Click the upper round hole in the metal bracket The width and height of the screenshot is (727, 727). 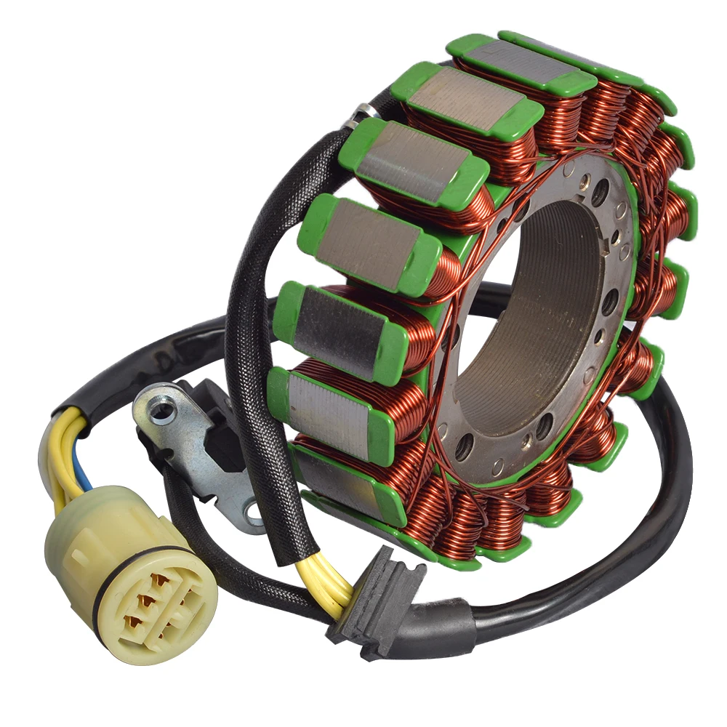click(x=161, y=411)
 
